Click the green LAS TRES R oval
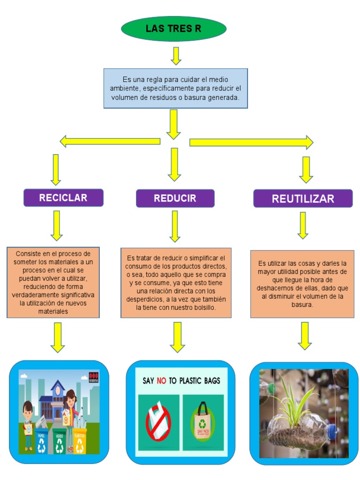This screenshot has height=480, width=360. pyautogui.click(x=173, y=29)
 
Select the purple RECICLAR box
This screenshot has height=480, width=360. pyautogui.click(x=63, y=198)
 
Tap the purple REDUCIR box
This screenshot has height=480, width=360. pyautogui.click(x=175, y=198)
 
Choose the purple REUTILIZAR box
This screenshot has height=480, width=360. pyautogui.click(x=303, y=198)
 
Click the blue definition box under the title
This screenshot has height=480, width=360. pyautogui.click(x=175, y=88)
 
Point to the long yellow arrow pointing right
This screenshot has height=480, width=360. pyautogui.click(x=251, y=142)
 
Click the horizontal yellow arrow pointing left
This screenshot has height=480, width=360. pyautogui.click(x=110, y=141)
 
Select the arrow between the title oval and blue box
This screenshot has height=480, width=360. pyautogui.click(x=176, y=56)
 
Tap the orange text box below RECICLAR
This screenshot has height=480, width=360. pyautogui.click(x=53, y=282)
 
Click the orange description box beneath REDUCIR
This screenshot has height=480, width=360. pyautogui.click(x=176, y=283)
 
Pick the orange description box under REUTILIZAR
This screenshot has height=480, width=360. pyautogui.click(x=302, y=284)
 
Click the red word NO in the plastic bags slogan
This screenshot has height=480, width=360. pyautogui.click(x=161, y=381)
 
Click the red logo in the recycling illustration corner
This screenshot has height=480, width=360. pyautogui.click(x=94, y=376)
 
